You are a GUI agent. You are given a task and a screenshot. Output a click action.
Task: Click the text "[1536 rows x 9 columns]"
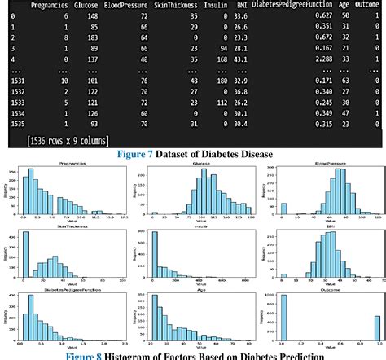tap(68, 141)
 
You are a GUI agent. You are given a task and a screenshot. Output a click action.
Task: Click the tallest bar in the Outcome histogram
tap(282, 317)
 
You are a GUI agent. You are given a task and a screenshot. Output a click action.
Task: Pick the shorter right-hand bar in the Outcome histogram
tap(375, 327)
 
